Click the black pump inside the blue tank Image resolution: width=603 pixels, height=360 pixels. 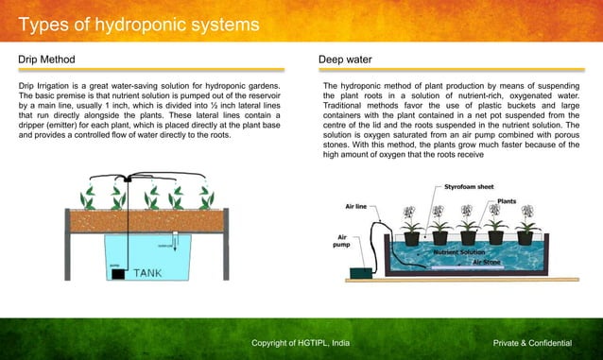(x=118, y=273)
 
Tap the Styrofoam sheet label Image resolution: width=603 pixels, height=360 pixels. (x=469, y=187)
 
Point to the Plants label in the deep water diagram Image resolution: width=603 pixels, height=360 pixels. (x=507, y=201)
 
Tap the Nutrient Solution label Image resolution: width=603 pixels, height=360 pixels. (x=458, y=253)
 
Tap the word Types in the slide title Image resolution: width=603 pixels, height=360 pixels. (x=46, y=24)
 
